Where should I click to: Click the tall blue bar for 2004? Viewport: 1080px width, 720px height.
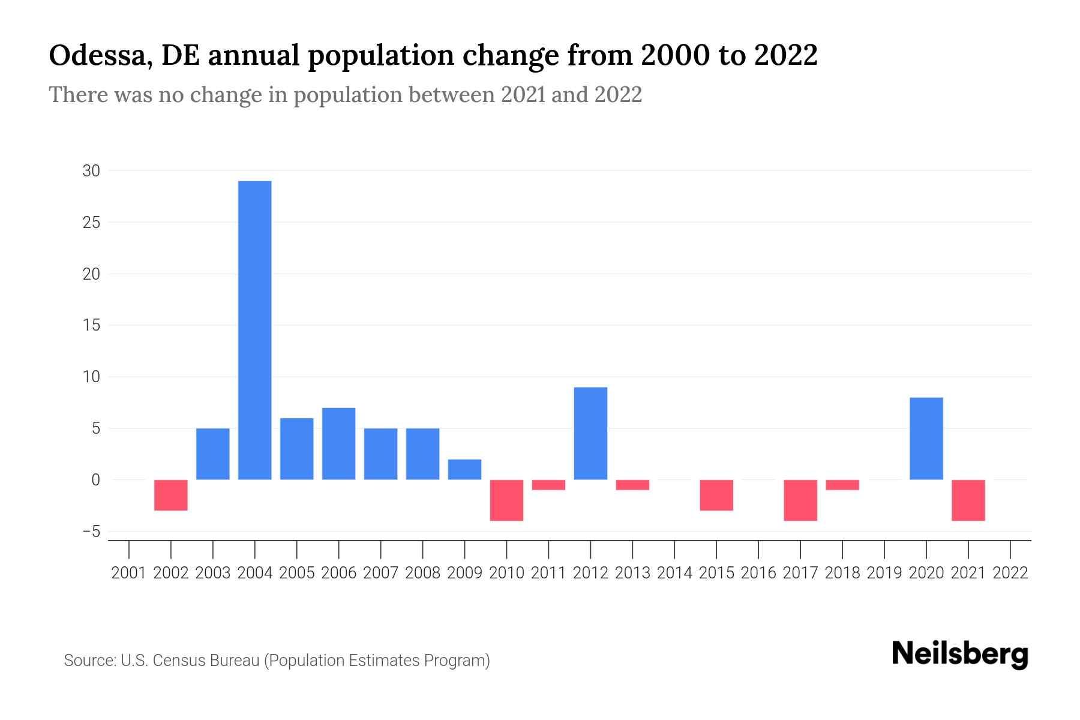pyautogui.click(x=254, y=330)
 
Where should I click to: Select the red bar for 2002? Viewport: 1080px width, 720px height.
pyautogui.click(x=171, y=495)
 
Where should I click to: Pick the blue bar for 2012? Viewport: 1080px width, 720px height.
pyautogui.click(x=590, y=433)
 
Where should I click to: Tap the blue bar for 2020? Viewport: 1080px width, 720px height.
pyautogui.click(x=926, y=439)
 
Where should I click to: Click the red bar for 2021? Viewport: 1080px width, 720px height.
pyautogui.click(x=968, y=500)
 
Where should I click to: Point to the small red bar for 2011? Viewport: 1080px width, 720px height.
pyautogui.click(x=548, y=485)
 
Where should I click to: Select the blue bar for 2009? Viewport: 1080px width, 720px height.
pyautogui.click(x=464, y=469)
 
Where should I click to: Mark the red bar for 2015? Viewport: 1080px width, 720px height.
pyautogui.click(x=716, y=495)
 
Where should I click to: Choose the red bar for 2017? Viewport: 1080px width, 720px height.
pyautogui.click(x=800, y=500)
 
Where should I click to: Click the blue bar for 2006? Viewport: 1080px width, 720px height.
pyautogui.click(x=338, y=444)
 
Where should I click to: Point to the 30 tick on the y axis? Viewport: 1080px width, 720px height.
pyautogui.click(x=91, y=171)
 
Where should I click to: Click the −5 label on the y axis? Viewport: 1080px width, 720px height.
pyautogui.click(x=91, y=532)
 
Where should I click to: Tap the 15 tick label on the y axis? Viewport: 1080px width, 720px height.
pyautogui.click(x=91, y=325)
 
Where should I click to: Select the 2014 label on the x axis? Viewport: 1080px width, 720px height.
pyautogui.click(x=674, y=573)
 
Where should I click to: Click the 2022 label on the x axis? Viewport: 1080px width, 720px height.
pyautogui.click(x=1010, y=573)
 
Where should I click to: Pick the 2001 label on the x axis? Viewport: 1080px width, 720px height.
pyautogui.click(x=129, y=573)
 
